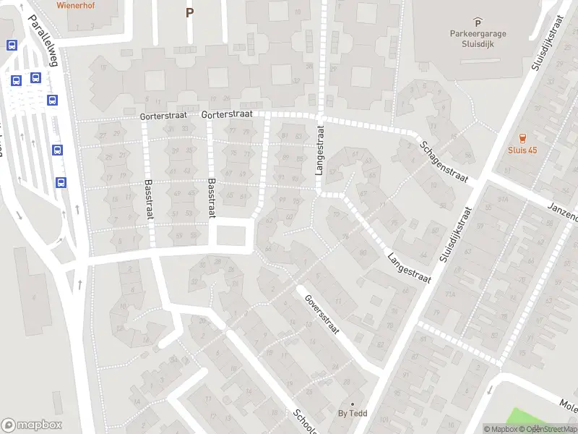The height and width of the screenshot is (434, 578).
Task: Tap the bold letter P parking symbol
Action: click(189, 12)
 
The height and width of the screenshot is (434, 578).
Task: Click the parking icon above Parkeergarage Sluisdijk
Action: click(477, 22)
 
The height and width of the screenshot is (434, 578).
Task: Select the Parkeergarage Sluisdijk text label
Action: click(478, 38)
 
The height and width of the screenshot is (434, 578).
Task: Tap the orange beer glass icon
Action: click(522, 137)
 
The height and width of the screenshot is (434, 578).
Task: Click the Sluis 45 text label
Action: click(522, 150)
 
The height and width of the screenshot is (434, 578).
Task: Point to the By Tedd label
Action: click(353, 414)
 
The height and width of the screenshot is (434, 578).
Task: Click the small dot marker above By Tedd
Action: click(353, 404)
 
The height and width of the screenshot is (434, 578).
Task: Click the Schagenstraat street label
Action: click(444, 161)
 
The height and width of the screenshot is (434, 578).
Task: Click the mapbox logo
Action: click(32, 425)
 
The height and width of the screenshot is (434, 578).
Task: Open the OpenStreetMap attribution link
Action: click(551, 429)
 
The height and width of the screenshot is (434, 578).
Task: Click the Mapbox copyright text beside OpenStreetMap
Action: click(503, 429)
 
